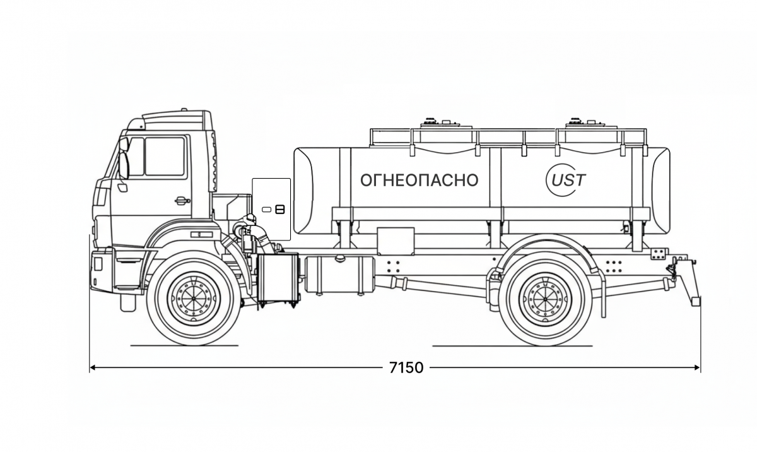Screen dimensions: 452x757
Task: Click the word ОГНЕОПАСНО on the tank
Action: point(419,181)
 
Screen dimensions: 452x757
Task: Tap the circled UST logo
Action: point(565,180)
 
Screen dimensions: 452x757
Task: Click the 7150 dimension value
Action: point(406,367)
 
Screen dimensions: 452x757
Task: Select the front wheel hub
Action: point(194,298)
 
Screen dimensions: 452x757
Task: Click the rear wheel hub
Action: point(545,298)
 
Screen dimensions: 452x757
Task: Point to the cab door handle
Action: point(182,201)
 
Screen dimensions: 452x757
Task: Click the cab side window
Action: point(165,157)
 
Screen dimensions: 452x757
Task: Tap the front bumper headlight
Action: point(98,263)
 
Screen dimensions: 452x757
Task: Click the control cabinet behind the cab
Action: point(271,209)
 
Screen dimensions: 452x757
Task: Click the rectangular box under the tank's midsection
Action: point(395,241)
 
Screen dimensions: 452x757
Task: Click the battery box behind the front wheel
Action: point(278,278)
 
